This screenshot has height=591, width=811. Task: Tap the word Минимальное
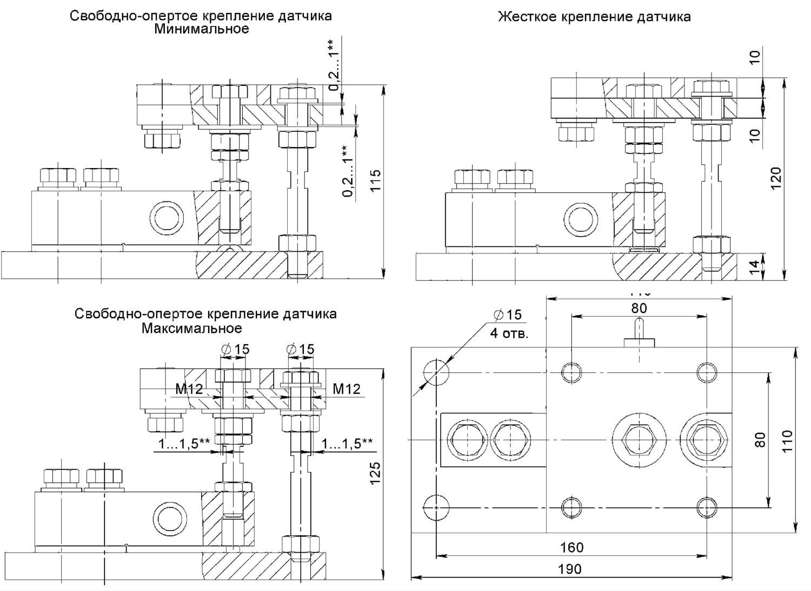(201, 29)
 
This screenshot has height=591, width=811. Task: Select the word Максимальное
(192, 328)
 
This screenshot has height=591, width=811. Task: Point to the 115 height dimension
(375, 180)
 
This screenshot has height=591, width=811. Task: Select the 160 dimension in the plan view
(571, 547)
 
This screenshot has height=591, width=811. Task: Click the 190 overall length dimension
(570, 569)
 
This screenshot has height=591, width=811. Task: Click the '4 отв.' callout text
(509, 333)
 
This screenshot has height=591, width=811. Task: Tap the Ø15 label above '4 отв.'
(508, 315)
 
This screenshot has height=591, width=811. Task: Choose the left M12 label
(189, 388)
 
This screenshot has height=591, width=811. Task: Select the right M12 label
(346, 388)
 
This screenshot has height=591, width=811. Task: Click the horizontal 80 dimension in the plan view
(639, 308)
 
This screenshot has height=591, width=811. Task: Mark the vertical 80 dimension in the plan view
(760, 439)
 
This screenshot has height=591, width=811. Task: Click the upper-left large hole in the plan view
(435, 372)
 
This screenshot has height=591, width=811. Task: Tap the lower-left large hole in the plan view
(435, 507)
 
